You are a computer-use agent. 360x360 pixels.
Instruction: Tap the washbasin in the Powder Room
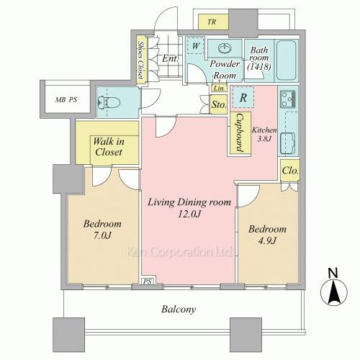(x=225, y=48)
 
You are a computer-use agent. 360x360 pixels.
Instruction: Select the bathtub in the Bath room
(x=287, y=60)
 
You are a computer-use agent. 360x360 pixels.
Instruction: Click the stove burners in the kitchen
(x=288, y=99)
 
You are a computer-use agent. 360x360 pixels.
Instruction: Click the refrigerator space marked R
(x=243, y=97)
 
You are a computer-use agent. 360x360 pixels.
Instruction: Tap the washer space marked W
(x=195, y=45)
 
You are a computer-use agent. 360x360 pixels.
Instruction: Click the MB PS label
(x=66, y=99)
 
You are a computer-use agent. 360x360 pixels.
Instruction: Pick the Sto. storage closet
(x=219, y=104)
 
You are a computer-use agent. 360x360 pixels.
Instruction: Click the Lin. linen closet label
(x=220, y=88)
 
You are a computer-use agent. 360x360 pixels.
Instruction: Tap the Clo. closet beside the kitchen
(x=290, y=171)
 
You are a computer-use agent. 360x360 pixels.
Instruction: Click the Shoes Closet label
(x=141, y=60)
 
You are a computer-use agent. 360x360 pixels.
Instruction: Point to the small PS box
(x=148, y=281)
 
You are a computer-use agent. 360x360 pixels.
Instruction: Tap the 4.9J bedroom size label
(x=267, y=240)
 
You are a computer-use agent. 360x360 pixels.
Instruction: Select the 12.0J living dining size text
(x=189, y=214)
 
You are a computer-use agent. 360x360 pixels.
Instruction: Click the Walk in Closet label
(x=109, y=147)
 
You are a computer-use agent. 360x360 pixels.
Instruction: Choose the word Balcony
(x=179, y=309)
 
